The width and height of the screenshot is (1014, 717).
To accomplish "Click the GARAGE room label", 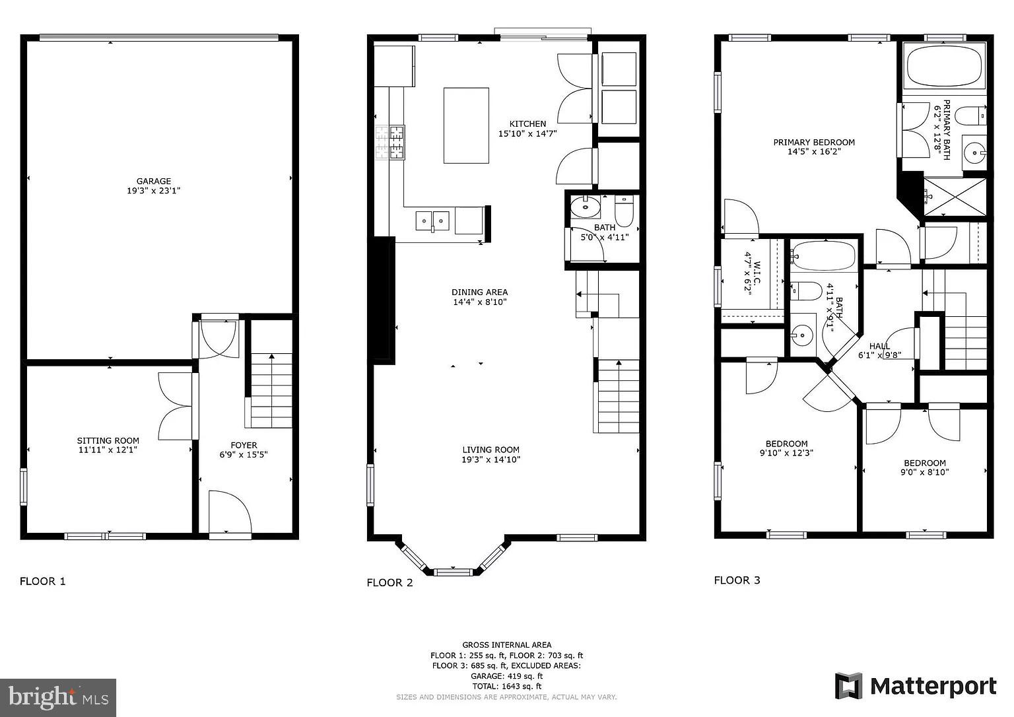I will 154,181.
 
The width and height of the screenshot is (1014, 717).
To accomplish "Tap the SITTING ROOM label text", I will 108,440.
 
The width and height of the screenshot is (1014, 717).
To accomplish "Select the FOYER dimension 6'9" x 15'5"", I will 244,455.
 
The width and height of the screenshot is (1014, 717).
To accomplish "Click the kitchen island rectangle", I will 466,125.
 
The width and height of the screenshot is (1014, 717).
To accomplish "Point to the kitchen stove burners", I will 390,143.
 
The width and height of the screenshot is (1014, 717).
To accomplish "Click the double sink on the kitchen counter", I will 432,221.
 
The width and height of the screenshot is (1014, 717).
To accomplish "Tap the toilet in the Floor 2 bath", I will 624,211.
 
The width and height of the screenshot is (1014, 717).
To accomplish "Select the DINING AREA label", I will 480,292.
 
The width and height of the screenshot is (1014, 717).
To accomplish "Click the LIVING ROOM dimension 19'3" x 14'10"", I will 491,460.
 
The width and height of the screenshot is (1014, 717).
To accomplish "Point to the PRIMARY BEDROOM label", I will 814,142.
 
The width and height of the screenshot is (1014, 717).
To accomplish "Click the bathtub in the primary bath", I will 945,67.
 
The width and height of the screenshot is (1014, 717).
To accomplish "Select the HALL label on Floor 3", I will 879,346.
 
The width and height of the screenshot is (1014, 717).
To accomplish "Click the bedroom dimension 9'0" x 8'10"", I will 925,472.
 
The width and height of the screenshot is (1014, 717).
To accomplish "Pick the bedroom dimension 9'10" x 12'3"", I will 787,453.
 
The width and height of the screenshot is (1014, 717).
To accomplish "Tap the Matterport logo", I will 916,687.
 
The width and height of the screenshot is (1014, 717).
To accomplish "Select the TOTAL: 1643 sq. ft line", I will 506,687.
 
